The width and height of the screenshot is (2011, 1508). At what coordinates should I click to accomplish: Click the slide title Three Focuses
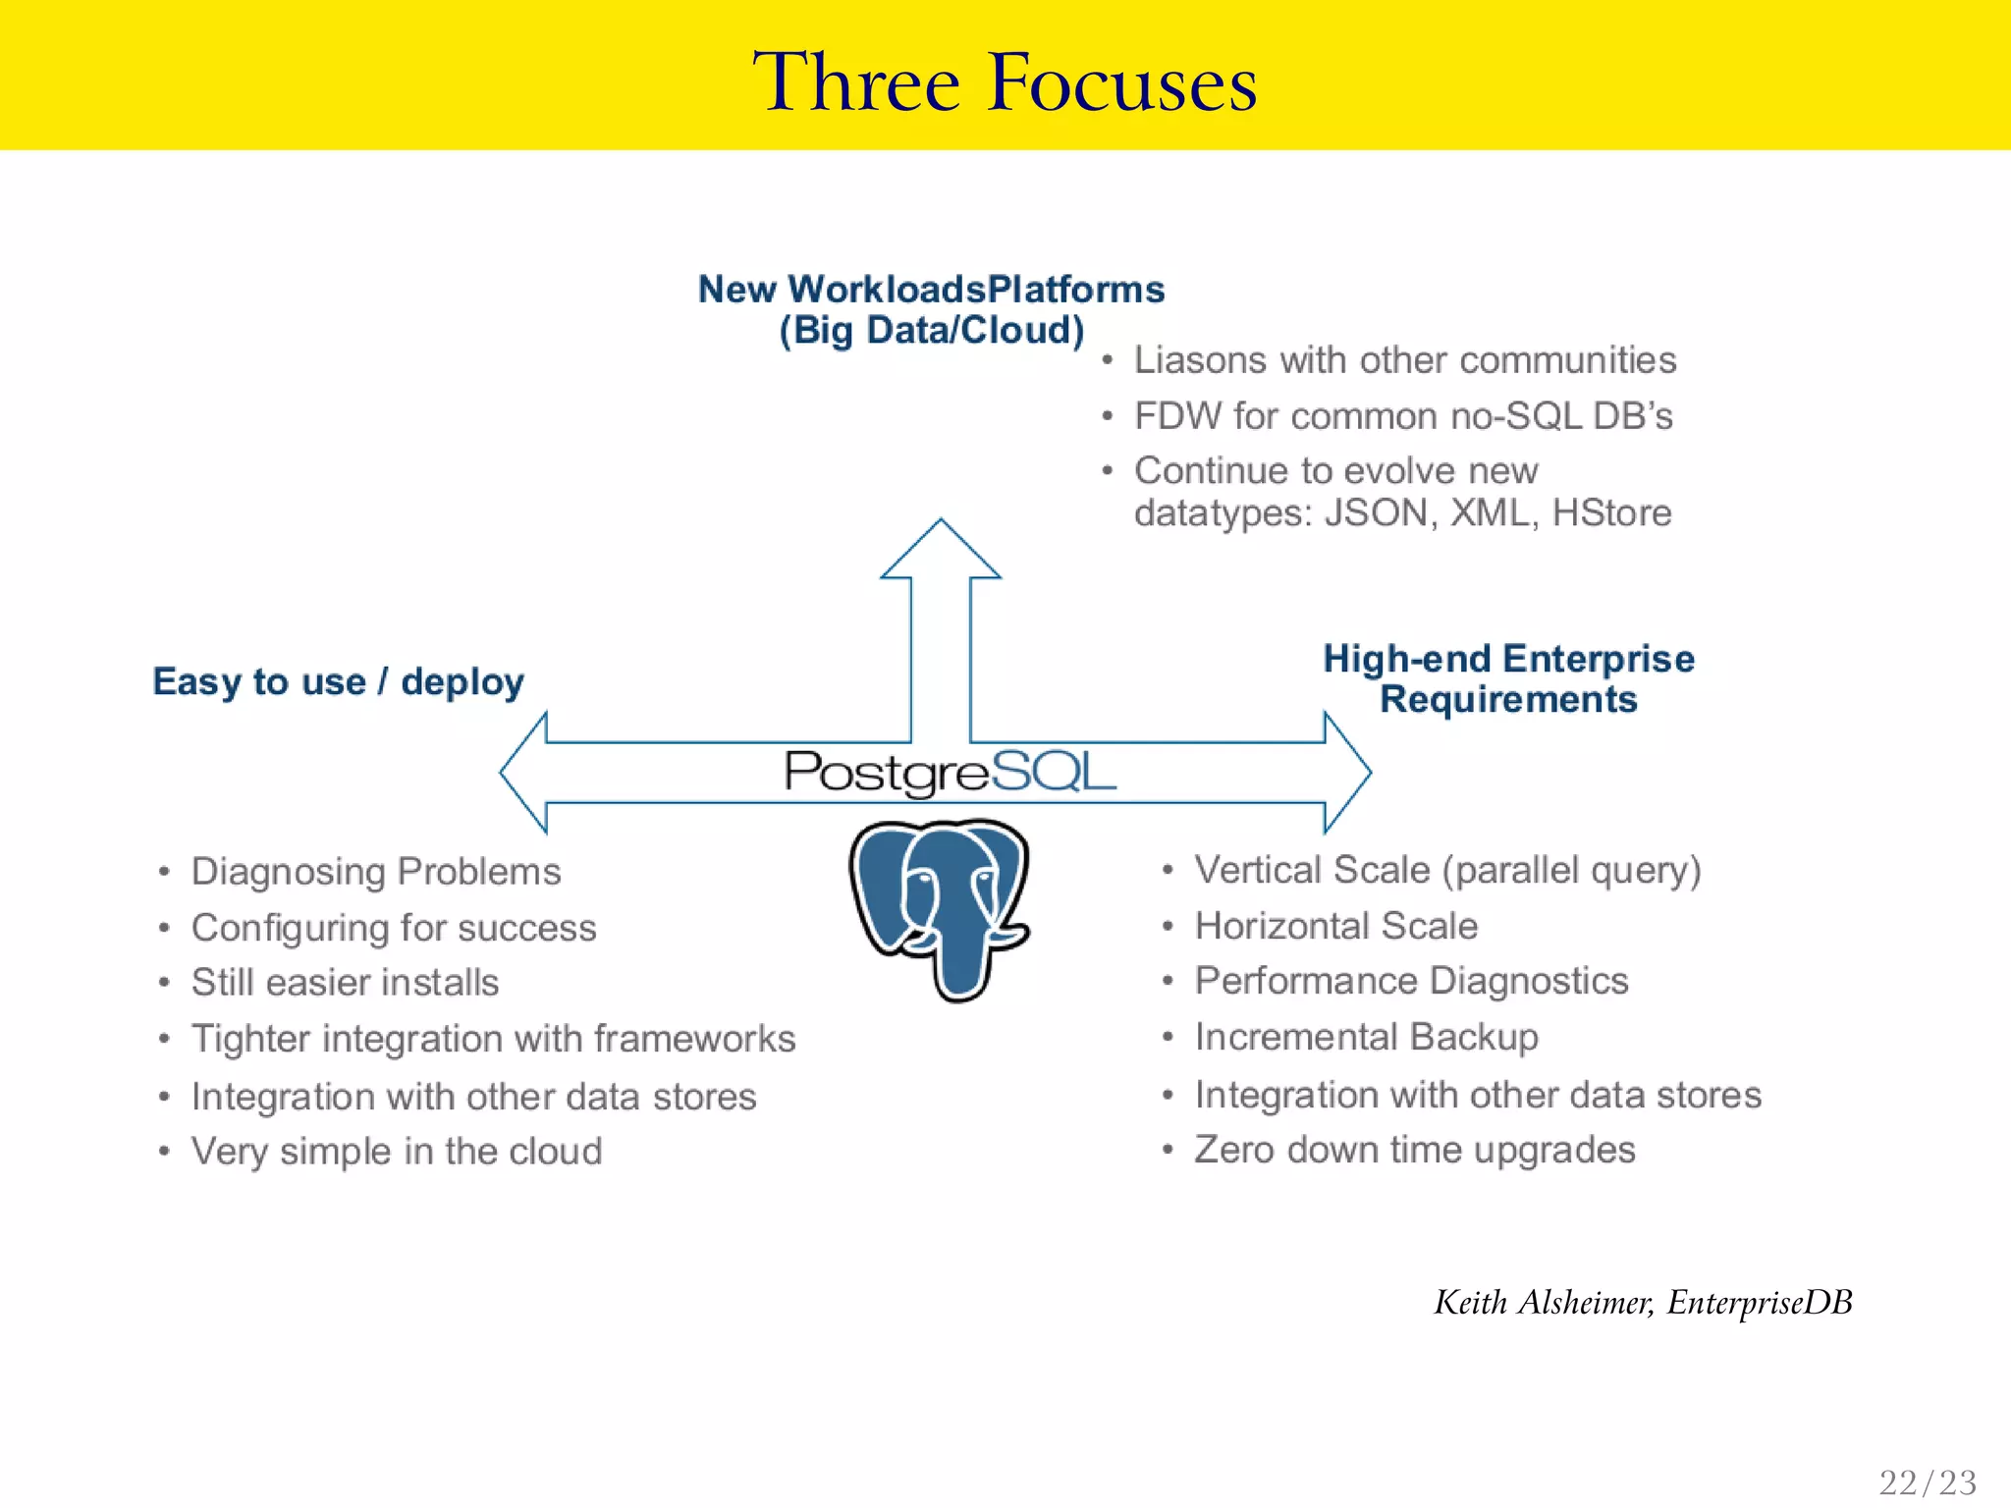1005,82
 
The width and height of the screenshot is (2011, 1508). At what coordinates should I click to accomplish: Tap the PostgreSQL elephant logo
940,908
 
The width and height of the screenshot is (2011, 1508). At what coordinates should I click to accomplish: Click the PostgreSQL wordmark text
950,772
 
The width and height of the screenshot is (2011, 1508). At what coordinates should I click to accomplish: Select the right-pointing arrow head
1346,773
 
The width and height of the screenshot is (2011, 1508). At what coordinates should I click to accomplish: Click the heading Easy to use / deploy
338,681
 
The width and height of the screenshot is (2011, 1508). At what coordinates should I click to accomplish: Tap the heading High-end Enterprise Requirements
1508,678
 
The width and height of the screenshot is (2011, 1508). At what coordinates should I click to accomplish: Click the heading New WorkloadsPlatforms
931,290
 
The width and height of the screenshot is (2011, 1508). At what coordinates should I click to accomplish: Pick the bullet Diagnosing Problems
376,872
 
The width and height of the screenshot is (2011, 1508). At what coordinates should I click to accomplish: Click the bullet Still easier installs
345,983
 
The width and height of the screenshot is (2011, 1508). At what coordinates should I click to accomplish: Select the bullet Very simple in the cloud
397,1152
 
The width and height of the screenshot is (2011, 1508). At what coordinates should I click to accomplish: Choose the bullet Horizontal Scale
1335,926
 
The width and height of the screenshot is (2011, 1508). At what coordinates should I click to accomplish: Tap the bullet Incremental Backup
1366,1038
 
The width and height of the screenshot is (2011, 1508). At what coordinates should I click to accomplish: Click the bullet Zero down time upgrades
1414,1150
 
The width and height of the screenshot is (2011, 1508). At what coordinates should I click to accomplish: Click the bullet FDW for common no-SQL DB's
1403,416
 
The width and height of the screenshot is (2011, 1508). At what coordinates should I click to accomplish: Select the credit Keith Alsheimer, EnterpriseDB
1643,1303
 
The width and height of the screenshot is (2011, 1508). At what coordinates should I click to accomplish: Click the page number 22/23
1927,1481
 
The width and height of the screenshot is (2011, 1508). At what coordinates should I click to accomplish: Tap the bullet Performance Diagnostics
1411,981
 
